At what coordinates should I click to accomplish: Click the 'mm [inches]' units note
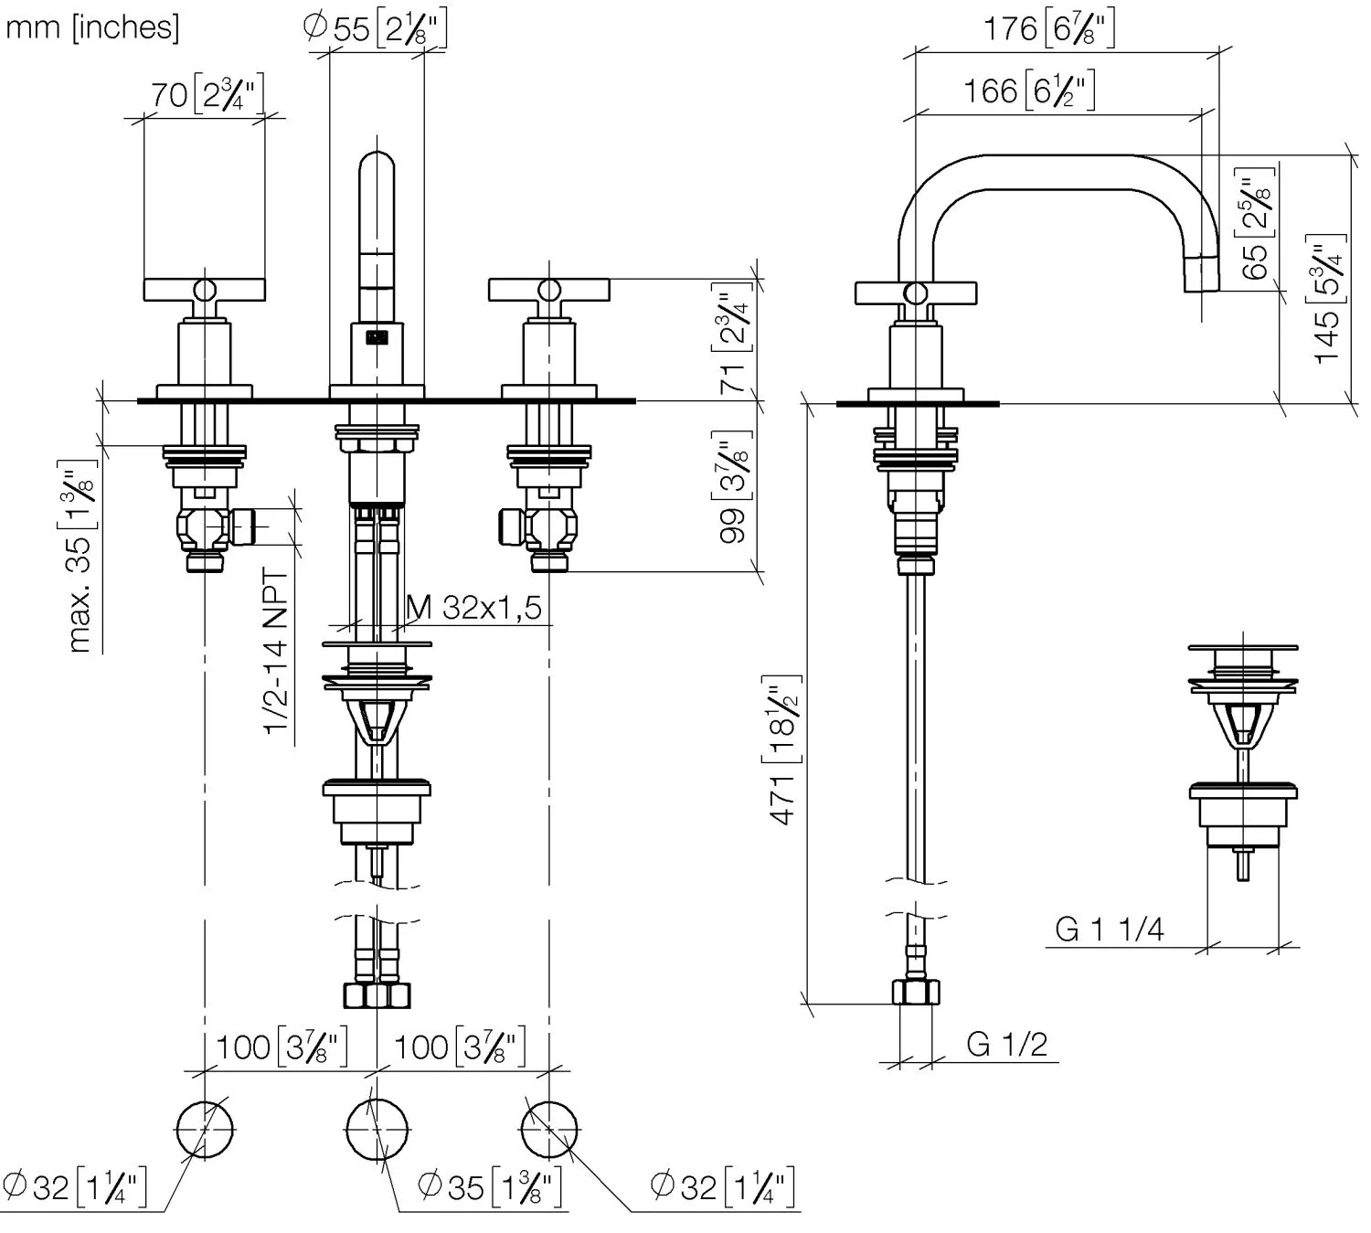tap(92, 27)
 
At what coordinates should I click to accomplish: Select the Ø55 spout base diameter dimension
tap(375, 29)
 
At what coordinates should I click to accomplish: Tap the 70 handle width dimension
tap(207, 95)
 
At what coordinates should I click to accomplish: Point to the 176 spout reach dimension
tap(1048, 29)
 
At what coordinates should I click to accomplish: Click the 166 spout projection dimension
tap(1029, 90)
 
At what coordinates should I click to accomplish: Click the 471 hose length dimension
tap(785, 749)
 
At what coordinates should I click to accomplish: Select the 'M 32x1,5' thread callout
tap(474, 607)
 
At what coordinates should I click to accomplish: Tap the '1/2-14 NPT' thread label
tap(276, 651)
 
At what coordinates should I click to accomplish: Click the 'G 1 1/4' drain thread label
tap(1109, 930)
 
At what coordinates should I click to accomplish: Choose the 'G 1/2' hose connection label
tap(1006, 1044)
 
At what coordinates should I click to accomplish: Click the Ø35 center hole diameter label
tap(490, 1187)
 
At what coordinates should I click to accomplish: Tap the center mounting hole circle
tap(376, 1130)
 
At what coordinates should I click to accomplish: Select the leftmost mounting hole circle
tap(204, 1130)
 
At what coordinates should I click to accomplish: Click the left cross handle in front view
tap(205, 290)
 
